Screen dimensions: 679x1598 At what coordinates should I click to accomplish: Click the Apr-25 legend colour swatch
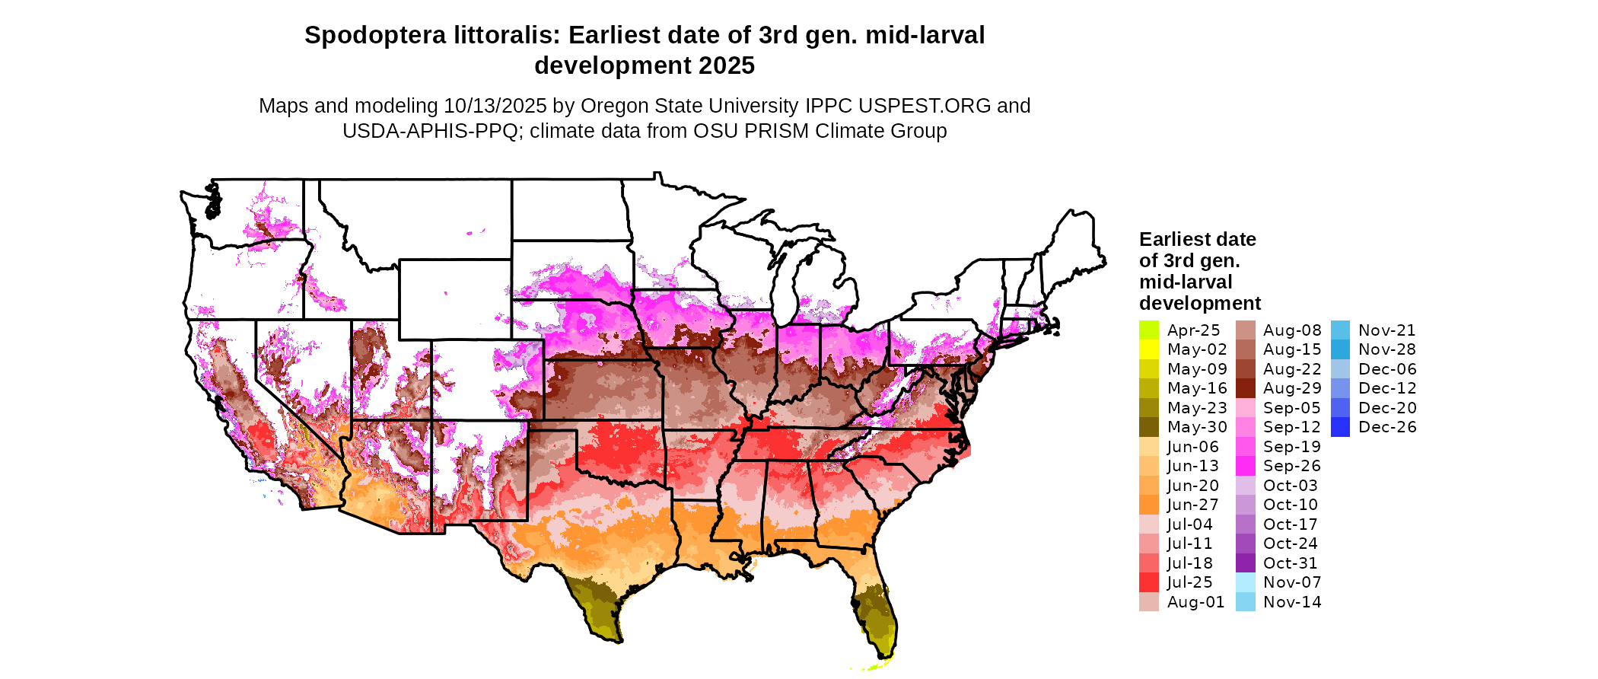click(1148, 330)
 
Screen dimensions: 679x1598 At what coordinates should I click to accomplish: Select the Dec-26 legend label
click(1387, 427)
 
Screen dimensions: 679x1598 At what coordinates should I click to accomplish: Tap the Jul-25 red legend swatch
click(1148, 582)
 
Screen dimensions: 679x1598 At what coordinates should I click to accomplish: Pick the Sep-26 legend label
click(1291, 466)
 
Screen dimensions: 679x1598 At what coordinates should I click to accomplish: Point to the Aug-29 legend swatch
click(1245, 388)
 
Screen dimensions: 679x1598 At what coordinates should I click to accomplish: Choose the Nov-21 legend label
click(1386, 330)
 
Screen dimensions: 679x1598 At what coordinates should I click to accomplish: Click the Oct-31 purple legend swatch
click(1245, 563)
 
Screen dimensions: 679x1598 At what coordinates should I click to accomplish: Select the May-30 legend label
click(1197, 427)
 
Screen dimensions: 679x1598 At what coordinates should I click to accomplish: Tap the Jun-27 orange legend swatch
click(1148, 505)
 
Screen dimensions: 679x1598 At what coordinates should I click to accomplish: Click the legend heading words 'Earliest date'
click(1197, 239)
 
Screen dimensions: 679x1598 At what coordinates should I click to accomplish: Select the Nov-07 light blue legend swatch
click(1245, 582)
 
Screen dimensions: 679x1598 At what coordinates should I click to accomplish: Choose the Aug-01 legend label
click(1195, 602)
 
